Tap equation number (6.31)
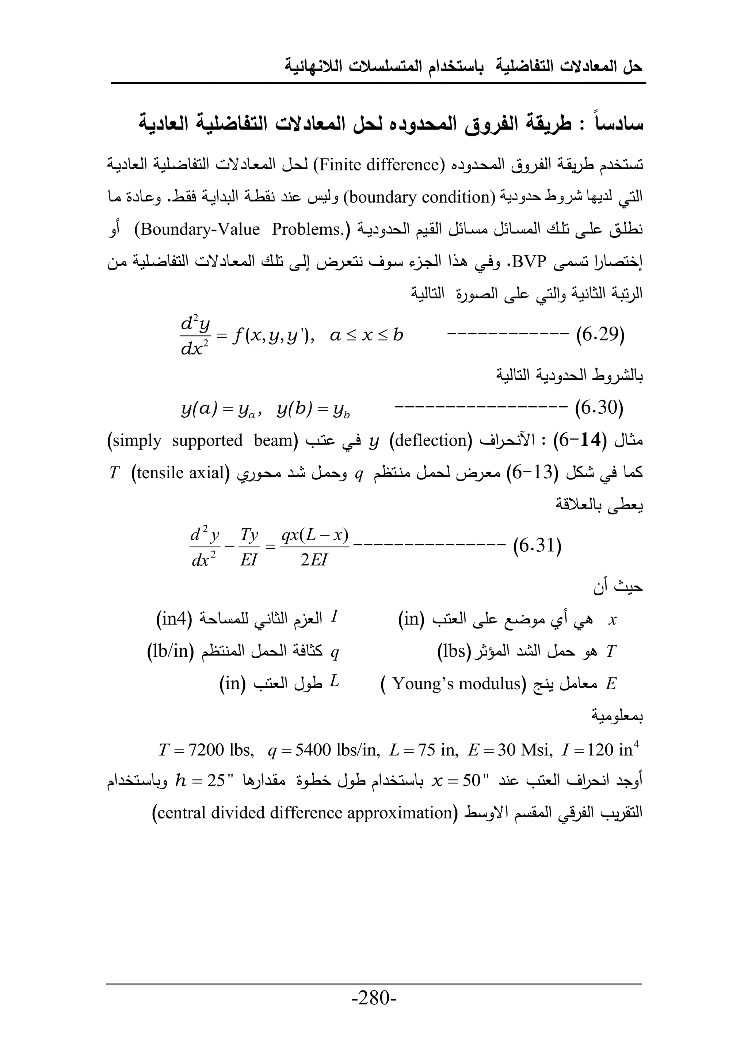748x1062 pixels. (537, 546)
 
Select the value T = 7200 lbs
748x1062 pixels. (206, 749)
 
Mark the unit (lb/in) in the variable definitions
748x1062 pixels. (170, 651)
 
